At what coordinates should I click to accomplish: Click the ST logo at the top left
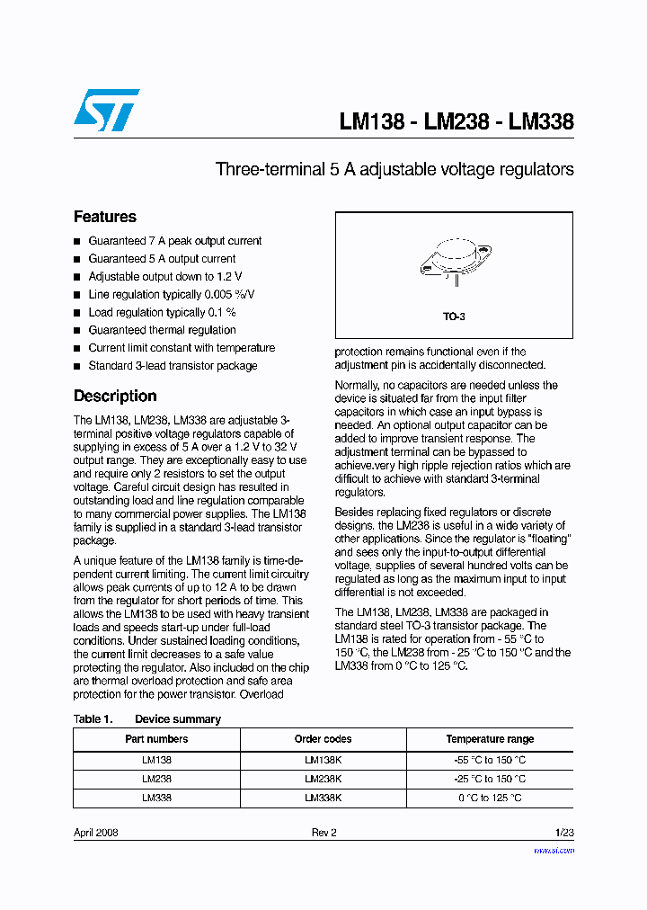coord(106,110)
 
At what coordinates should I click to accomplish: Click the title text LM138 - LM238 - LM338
coord(456,122)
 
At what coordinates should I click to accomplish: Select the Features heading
coord(105,217)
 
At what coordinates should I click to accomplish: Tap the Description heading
coord(115,396)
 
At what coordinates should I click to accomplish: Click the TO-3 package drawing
coord(454,260)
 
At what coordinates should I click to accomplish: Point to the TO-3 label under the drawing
coord(454,317)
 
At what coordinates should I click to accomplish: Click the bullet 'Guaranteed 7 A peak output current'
coord(174,241)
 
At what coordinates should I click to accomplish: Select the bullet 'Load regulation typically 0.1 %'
coord(162,312)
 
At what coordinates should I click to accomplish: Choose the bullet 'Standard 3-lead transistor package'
coord(173,366)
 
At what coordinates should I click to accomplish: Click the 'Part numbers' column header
coord(156,739)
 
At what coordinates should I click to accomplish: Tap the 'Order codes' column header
coord(323,739)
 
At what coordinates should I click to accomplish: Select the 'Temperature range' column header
coord(490,739)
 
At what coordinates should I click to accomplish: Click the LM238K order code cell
coord(323,779)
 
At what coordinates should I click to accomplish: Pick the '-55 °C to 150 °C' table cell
coord(490,760)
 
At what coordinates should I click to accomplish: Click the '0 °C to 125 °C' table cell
coord(490,798)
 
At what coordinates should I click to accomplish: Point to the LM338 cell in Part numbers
coord(156,798)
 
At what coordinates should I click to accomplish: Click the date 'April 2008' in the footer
coord(95,833)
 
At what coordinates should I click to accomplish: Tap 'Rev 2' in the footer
coord(323,833)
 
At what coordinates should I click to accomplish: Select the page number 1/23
coord(563,833)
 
